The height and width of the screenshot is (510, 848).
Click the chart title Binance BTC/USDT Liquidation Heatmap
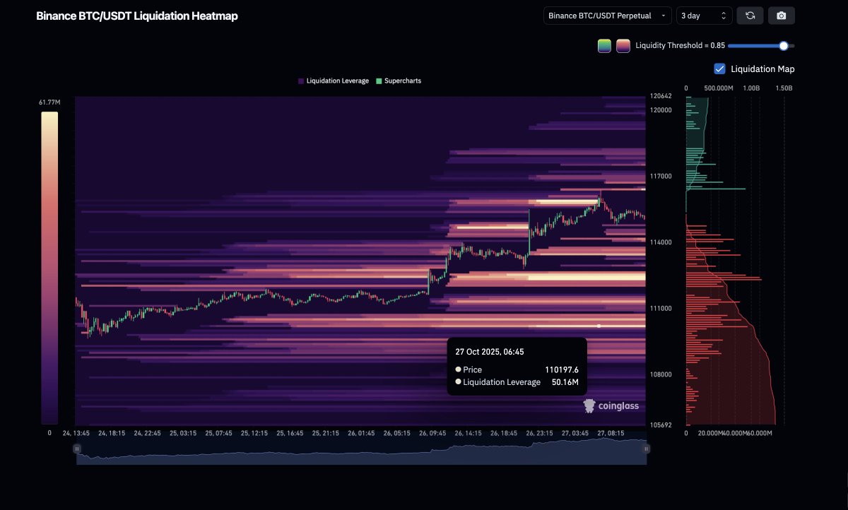click(137, 16)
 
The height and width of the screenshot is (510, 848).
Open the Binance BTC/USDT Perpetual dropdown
click(607, 16)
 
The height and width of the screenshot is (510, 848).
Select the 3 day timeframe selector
click(704, 16)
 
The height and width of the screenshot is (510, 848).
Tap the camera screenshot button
click(782, 16)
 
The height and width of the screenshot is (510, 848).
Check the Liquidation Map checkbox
click(720, 69)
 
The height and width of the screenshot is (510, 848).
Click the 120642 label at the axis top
click(661, 96)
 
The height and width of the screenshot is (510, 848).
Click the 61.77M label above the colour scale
click(49, 103)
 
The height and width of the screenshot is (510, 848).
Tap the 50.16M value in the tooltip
click(565, 382)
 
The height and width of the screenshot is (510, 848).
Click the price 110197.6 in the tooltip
click(562, 369)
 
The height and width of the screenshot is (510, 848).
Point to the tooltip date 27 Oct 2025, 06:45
click(490, 351)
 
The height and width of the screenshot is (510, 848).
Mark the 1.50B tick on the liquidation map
click(784, 88)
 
